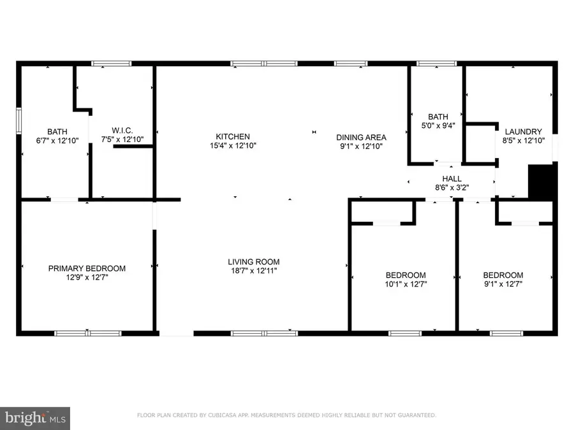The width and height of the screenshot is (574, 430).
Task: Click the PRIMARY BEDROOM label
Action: (x=87, y=268)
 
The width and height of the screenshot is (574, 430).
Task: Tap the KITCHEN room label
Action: (x=232, y=136)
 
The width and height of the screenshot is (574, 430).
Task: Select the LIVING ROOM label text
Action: (x=254, y=262)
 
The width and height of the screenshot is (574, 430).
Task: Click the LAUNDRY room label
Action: (x=523, y=131)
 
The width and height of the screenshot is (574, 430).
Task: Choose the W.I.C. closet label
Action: (x=121, y=131)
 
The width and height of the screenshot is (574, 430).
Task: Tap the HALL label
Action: (x=452, y=179)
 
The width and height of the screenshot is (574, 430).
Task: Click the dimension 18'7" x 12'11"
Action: (x=254, y=271)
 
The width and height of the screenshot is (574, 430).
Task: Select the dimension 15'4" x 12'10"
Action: (x=232, y=145)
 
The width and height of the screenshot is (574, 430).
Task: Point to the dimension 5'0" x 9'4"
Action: (x=438, y=125)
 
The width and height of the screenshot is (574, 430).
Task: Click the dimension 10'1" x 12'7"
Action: (x=406, y=284)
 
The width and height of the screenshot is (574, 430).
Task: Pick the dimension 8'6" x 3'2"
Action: (x=452, y=188)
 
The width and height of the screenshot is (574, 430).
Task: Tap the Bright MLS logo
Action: (x=36, y=418)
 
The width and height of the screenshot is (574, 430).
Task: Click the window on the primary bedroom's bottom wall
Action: (x=87, y=333)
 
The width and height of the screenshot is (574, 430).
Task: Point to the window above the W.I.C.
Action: (x=112, y=64)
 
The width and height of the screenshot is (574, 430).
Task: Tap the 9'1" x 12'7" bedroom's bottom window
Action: (x=506, y=333)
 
